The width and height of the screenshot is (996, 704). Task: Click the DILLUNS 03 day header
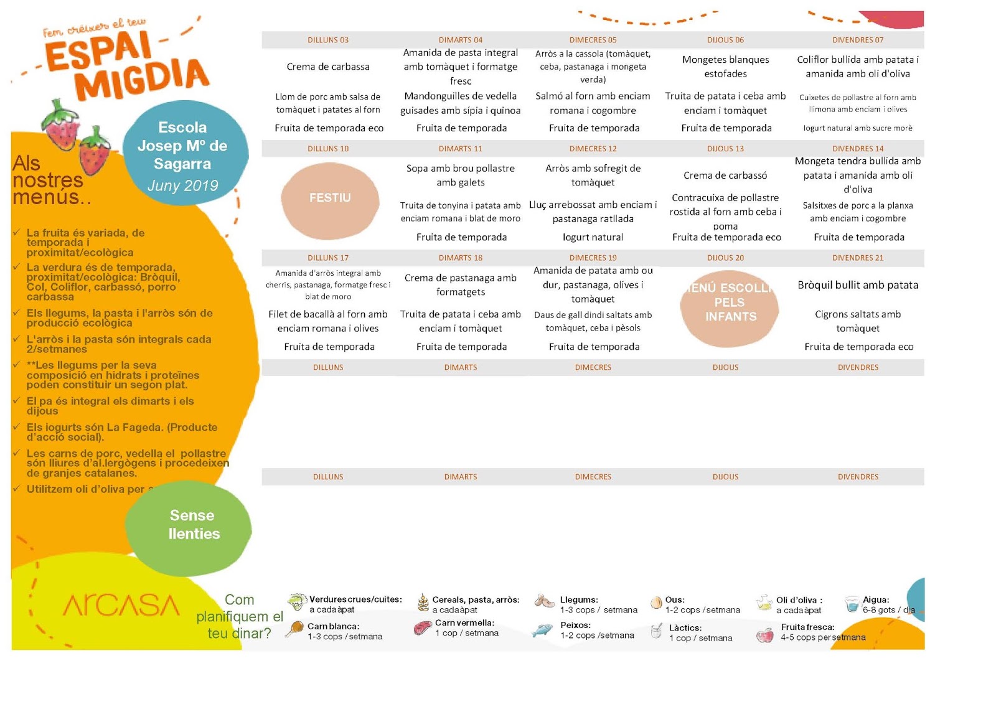328,40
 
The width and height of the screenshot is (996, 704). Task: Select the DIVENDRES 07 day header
857,40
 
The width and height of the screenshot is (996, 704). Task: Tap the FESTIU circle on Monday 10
330,198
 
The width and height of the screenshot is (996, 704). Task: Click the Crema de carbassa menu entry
328,67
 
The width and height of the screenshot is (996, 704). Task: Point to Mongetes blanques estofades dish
725,67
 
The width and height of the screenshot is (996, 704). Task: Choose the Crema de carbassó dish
725,176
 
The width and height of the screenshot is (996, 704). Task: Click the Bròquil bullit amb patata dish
858,285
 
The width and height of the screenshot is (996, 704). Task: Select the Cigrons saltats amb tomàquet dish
858,321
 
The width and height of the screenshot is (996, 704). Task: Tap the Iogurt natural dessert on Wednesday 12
593,237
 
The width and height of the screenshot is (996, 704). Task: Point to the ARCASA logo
121,605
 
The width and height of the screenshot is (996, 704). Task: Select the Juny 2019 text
183,185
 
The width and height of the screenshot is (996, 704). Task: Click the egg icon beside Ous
655,603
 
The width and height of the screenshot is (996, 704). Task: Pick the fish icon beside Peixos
542,631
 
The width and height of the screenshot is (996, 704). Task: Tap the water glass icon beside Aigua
852,604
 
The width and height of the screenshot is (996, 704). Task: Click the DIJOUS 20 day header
725,258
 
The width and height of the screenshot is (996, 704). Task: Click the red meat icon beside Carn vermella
423,628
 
